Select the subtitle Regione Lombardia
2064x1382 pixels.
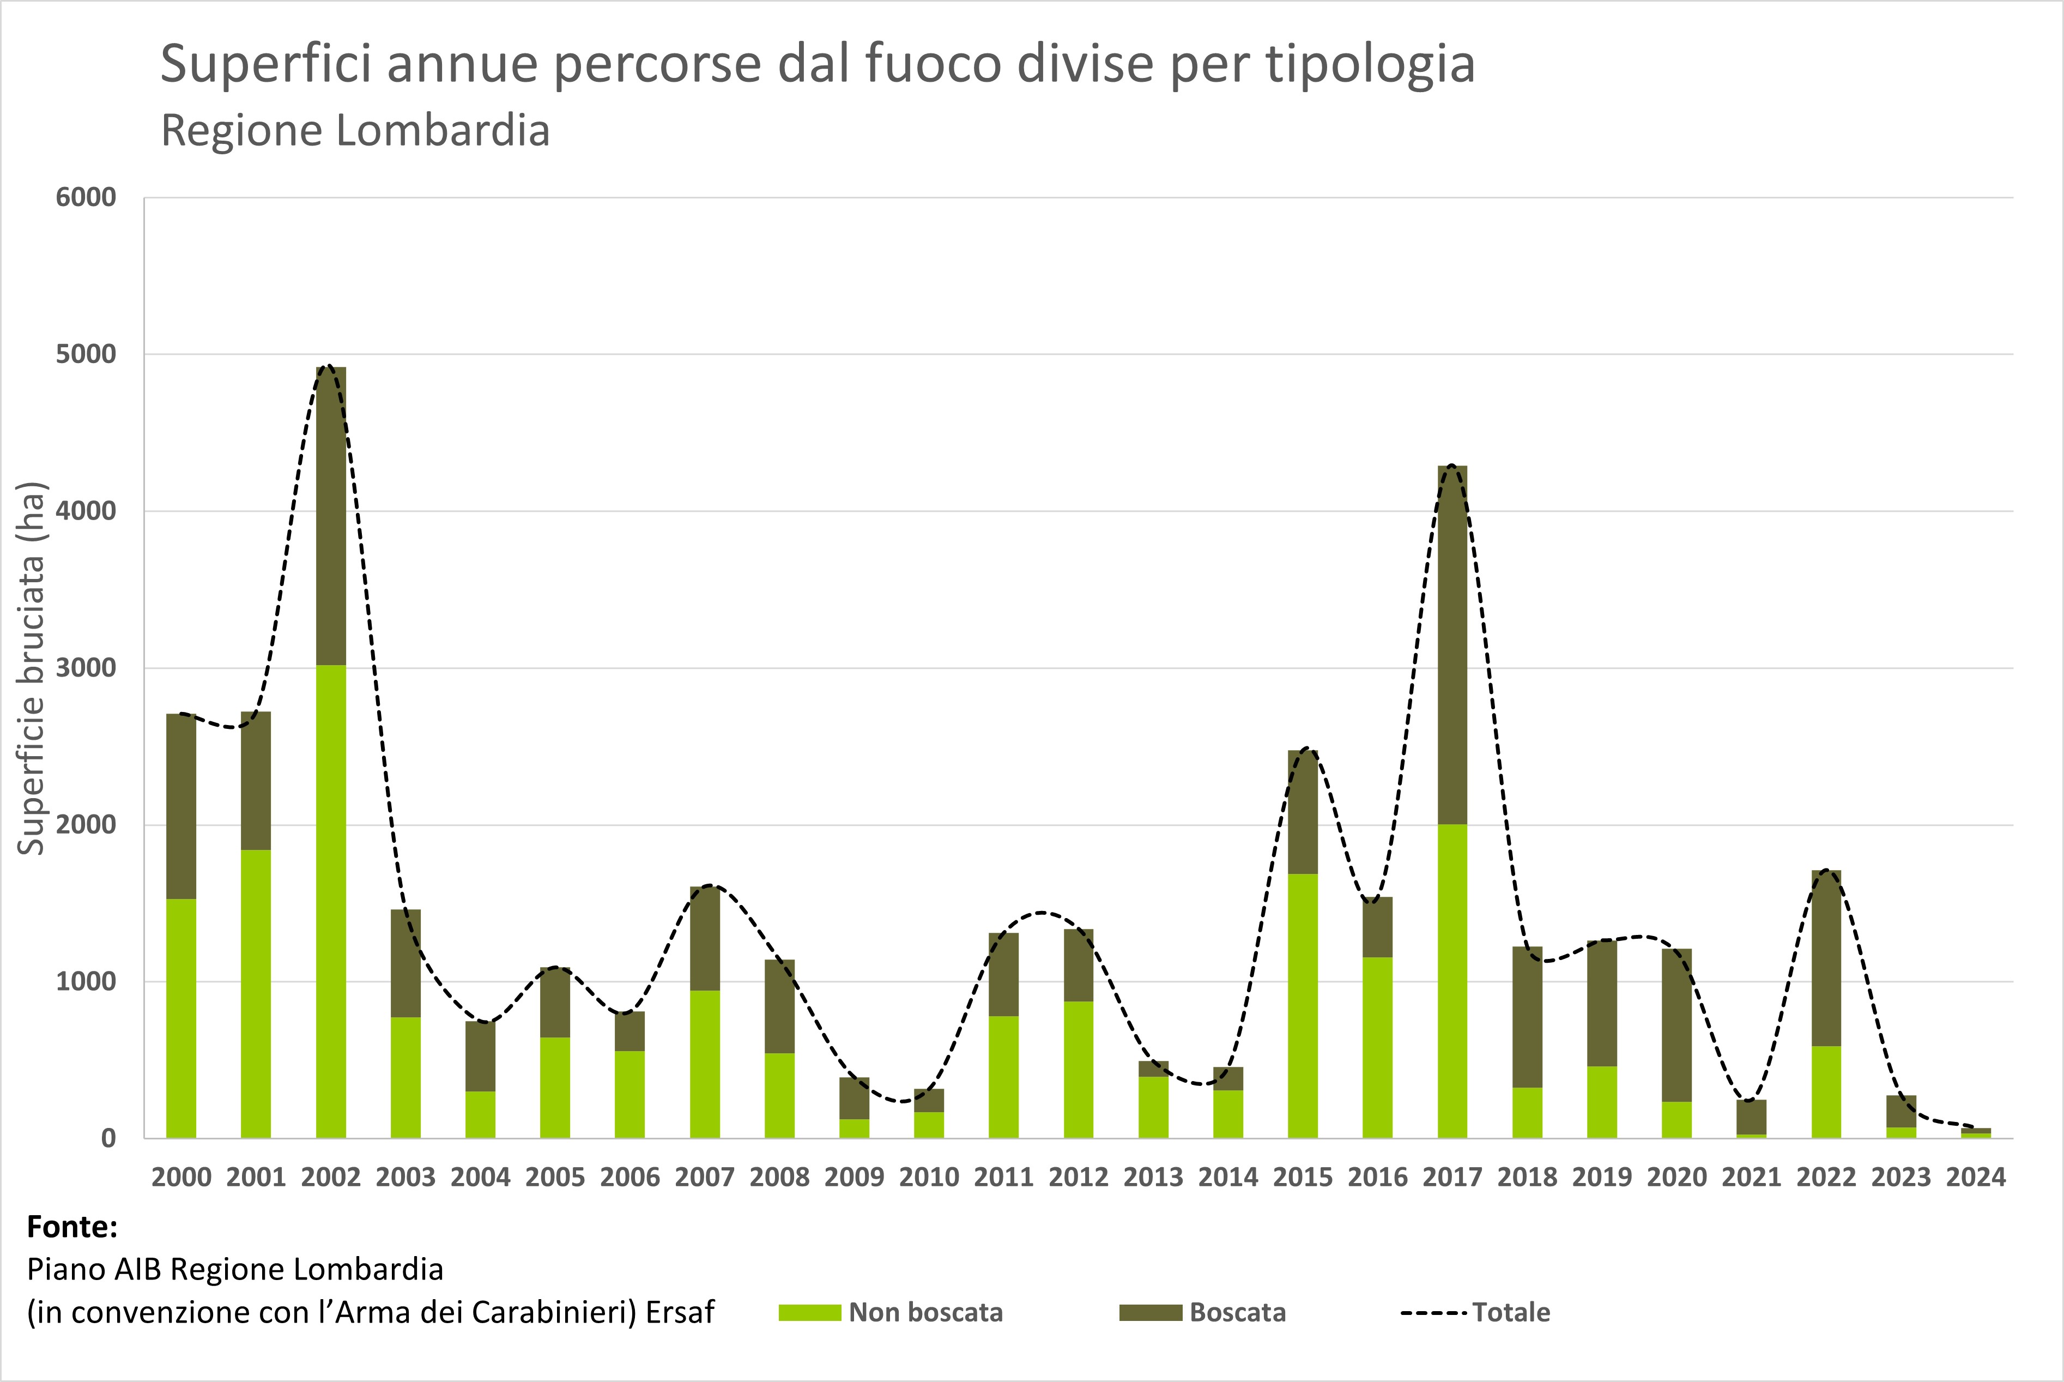[355, 130]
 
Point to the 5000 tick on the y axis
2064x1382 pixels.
[86, 354]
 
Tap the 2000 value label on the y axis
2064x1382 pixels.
[86, 825]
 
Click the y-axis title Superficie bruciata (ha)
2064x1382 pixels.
[32, 668]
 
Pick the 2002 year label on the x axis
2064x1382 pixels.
[330, 1178]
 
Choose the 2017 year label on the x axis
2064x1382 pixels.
[1452, 1178]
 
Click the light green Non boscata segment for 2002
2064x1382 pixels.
[330, 901]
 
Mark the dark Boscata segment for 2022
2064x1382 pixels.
[1826, 958]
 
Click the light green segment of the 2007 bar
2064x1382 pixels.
[705, 1064]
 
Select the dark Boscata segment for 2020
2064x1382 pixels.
[1676, 1025]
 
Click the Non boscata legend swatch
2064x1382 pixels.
[809, 1312]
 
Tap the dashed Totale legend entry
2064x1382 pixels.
[1475, 1312]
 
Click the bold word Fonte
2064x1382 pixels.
[72, 1227]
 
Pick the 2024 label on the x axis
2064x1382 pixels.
[1976, 1178]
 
